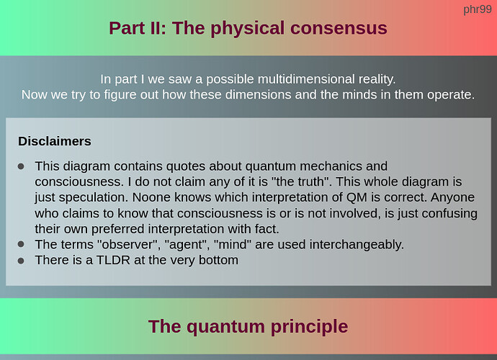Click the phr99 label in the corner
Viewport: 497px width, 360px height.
[478, 10]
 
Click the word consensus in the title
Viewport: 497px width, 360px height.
[339, 28]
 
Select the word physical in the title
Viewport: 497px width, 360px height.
[248, 29]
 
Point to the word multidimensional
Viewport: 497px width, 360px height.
[306, 79]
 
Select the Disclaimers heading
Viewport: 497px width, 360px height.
[55, 141]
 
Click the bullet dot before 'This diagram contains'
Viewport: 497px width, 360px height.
[21, 166]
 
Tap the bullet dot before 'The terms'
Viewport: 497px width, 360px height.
[21, 244]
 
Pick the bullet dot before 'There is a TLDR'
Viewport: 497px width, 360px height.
[21, 261]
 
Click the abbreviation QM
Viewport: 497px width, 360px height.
[357, 197]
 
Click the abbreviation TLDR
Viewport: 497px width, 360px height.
[113, 260]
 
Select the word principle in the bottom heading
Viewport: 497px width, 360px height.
[309, 327]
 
